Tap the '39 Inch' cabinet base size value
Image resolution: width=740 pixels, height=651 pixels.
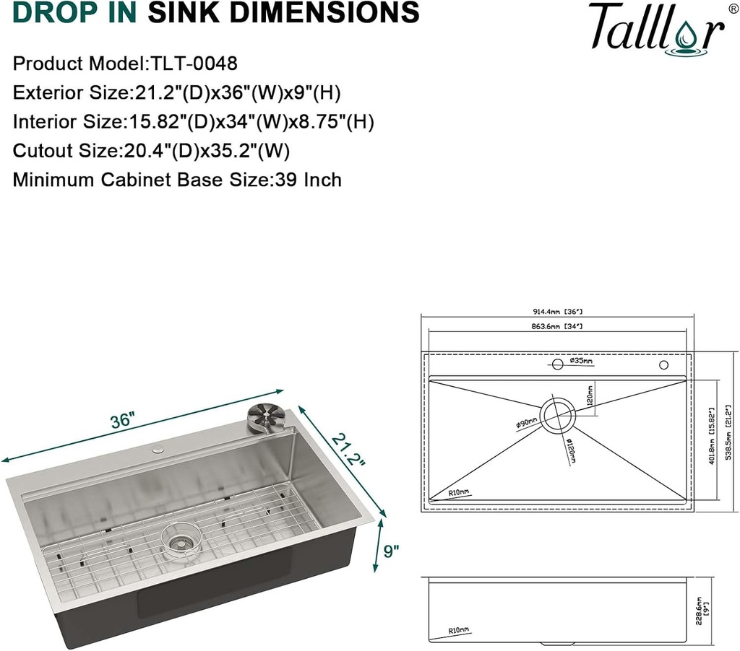(308, 179)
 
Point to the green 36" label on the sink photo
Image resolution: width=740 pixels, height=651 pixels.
(124, 421)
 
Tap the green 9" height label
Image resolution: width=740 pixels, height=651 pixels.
(392, 552)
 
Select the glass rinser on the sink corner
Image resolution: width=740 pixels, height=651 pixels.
(263, 418)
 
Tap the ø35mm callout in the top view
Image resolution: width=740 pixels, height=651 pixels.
(580, 360)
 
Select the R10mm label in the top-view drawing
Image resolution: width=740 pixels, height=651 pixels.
(457, 491)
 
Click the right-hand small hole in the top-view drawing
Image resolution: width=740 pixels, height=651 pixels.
(663, 366)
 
